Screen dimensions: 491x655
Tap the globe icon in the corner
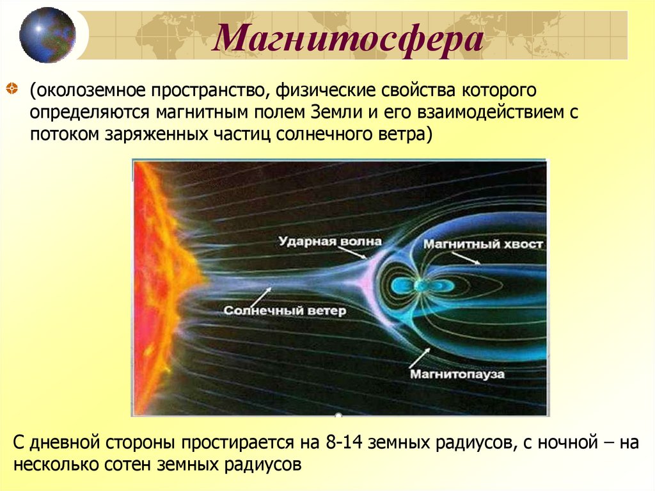pyautogui.click(x=47, y=35)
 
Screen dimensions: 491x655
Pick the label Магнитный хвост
pyautogui.click(x=484, y=244)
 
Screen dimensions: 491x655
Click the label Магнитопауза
pyautogui.click(x=457, y=372)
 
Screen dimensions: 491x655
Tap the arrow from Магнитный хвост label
pyautogui.click(x=464, y=257)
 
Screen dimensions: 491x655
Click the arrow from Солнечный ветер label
pyautogui.click(x=258, y=295)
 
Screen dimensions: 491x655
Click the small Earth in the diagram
pyautogui.click(x=419, y=285)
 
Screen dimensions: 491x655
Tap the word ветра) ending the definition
pyautogui.click(x=411, y=135)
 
